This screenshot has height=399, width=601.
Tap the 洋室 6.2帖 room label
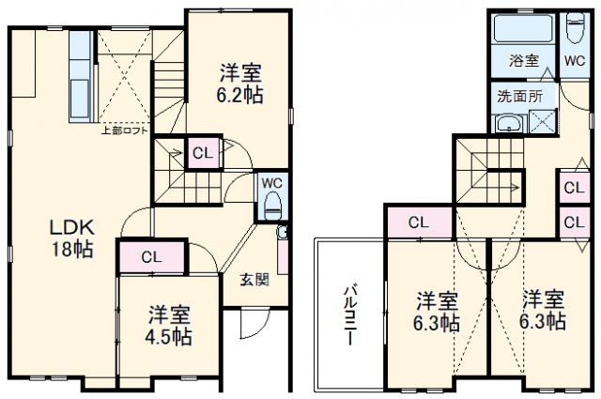[x=241, y=83]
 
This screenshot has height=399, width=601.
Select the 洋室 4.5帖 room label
[x=169, y=325]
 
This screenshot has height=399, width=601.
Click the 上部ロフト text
[x=125, y=130]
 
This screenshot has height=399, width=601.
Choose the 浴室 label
[x=523, y=61]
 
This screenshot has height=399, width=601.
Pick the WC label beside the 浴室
[x=574, y=61]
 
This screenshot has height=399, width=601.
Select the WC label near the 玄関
[x=272, y=182]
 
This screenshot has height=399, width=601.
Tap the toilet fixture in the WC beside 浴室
[x=575, y=30]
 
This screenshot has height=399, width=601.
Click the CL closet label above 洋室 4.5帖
[x=150, y=256]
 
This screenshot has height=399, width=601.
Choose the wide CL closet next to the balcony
[x=419, y=223]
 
